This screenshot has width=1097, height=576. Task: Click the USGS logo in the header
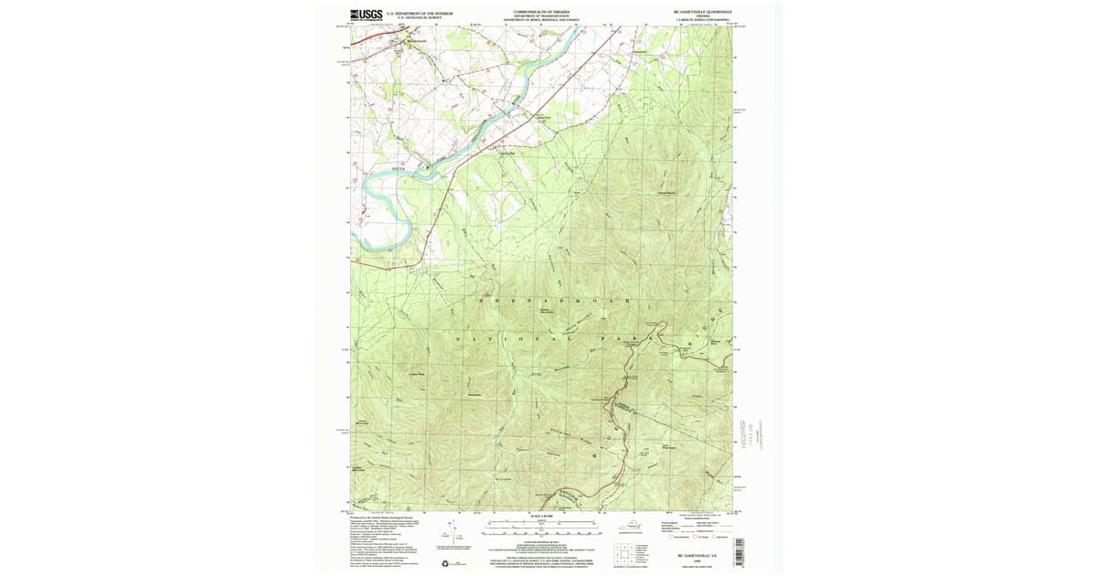tap(366, 15)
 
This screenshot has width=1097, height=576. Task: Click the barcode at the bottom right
tap(739, 552)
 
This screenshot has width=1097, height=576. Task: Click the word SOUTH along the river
tap(396, 170)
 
